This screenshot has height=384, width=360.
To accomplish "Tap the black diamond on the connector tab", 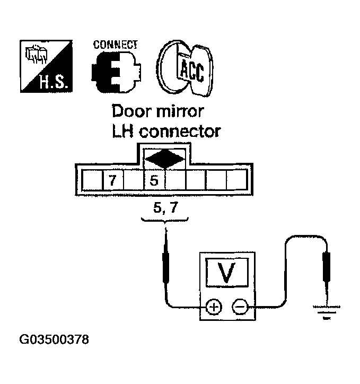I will pyautogui.click(x=165, y=158).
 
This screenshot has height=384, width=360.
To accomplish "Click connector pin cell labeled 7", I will pyautogui.click(x=112, y=181).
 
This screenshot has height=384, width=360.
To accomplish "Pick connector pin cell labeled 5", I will pyautogui.click(x=154, y=181).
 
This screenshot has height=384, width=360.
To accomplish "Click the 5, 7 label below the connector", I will pyautogui.click(x=165, y=209).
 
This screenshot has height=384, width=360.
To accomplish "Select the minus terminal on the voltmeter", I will pyautogui.click(x=240, y=307).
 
